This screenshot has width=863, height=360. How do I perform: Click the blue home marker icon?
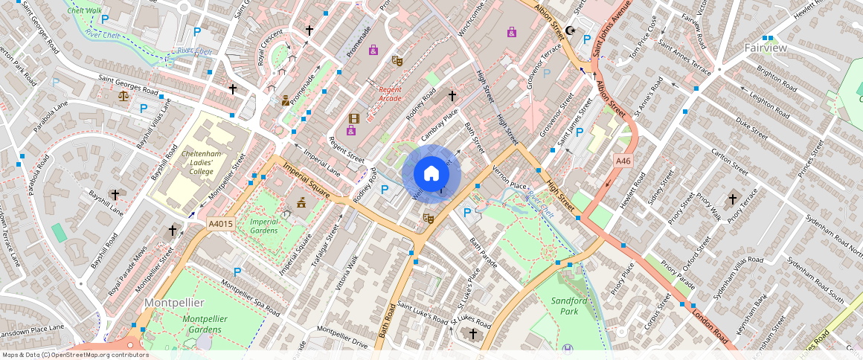(x=431, y=174)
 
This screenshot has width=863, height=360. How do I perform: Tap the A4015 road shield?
(x=221, y=223)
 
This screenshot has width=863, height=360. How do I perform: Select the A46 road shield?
(x=623, y=161)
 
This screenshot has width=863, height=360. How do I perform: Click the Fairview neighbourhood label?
(x=766, y=48)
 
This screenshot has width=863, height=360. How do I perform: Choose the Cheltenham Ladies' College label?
(x=197, y=161)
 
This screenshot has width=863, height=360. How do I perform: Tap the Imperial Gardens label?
(x=264, y=226)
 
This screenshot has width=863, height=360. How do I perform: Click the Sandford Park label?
(x=569, y=306)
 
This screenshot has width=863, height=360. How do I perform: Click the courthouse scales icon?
(x=123, y=95)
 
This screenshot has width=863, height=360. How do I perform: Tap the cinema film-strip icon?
(x=354, y=118)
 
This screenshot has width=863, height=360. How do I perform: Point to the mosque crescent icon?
(x=571, y=30)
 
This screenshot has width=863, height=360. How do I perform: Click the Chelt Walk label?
(x=84, y=10)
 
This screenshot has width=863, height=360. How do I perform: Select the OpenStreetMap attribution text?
(x=74, y=355)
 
